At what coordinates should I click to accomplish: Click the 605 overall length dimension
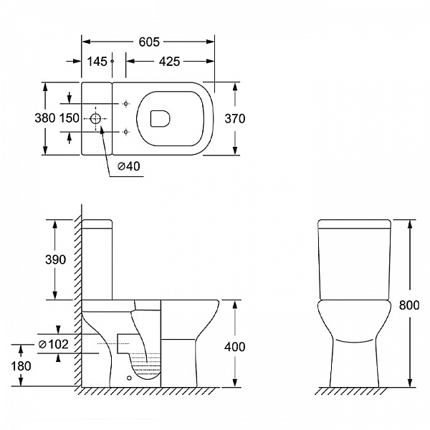tap(149, 42)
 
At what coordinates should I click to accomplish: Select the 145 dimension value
tap(97, 62)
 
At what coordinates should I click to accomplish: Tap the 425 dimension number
tap(169, 62)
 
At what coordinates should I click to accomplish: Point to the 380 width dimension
tap(45, 118)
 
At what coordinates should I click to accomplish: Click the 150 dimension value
tap(70, 118)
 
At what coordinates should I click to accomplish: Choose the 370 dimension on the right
tap(235, 118)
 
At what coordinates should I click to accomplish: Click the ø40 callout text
tap(129, 166)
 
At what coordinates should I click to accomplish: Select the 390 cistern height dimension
tap(55, 259)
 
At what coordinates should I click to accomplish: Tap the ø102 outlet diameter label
tap(54, 344)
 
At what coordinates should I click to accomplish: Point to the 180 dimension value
tap(21, 366)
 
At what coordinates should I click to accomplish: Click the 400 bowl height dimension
tap(235, 347)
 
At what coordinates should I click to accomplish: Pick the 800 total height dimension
tap(409, 305)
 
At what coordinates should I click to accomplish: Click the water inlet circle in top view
tap(96, 119)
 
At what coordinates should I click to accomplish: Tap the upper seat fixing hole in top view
tap(126, 104)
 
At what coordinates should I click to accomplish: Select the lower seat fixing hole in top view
tap(126, 132)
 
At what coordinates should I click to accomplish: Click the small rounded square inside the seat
tap(160, 119)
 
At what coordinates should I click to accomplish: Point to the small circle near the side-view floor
tap(129, 378)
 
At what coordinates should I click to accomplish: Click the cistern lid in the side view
tap(97, 224)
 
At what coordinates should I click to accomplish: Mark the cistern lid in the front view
tap(354, 224)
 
